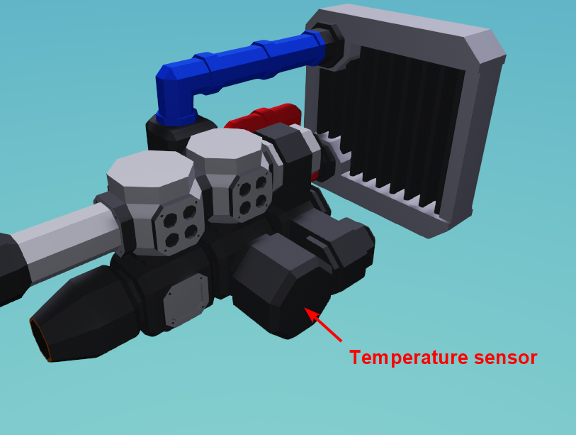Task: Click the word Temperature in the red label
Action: point(409,358)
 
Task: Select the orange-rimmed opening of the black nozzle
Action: point(40,341)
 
